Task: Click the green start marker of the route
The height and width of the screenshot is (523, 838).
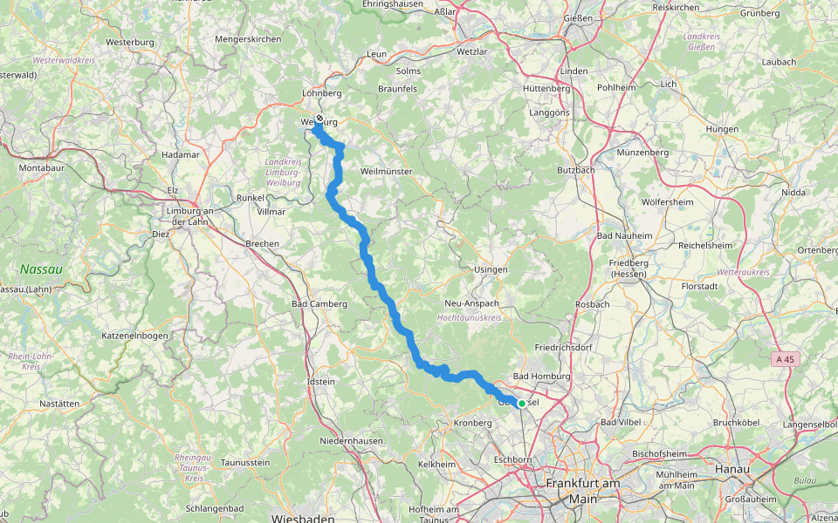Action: click(521, 403)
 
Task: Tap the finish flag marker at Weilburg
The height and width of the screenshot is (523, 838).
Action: click(319, 119)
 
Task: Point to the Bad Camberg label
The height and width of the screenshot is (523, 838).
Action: click(319, 304)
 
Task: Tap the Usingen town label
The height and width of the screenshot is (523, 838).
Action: click(491, 269)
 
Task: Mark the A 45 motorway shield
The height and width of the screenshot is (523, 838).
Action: click(786, 359)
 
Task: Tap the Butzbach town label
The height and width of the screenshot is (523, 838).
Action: click(575, 170)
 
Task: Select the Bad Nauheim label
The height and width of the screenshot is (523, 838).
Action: click(623, 235)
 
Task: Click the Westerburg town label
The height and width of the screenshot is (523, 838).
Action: click(130, 42)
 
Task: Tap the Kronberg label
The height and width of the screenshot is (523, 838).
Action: click(474, 423)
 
